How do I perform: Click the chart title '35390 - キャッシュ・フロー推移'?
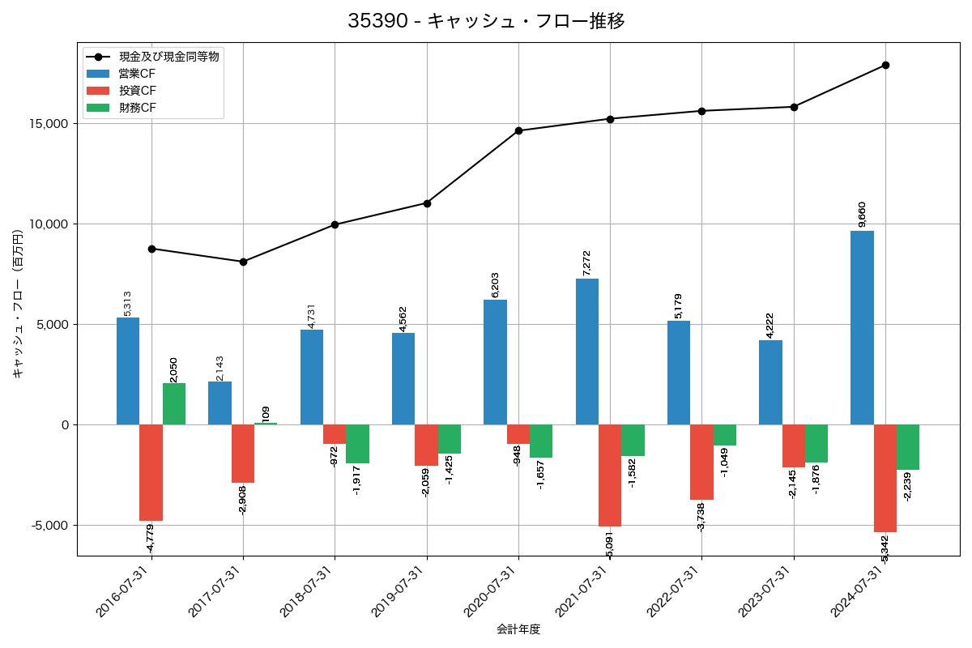click(x=486, y=21)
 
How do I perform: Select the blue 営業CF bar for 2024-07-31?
click(x=862, y=327)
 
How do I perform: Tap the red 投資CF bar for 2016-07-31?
click(x=151, y=472)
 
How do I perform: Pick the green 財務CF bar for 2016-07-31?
click(x=174, y=403)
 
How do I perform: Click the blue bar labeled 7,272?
click(x=586, y=352)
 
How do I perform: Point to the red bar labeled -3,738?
click(x=701, y=462)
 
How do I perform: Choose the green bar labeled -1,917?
click(x=357, y=444)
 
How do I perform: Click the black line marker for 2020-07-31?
click(x=518, y=130)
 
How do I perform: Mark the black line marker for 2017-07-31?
click(x=243, y=262)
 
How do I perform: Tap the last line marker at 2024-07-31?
click(x=885, y=65)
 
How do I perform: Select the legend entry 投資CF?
click(x=137, y=91)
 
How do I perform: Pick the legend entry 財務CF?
click(x=137, y=108)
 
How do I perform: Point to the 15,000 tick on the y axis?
click(x=49, y=124)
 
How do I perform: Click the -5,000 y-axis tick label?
click(x=49, y=525)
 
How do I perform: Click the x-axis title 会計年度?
click(x=518, y=629)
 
